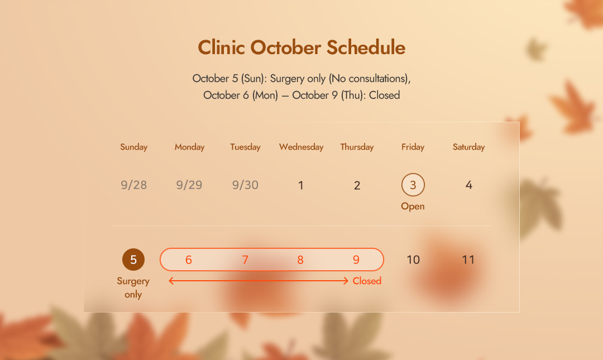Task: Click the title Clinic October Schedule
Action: coord(301,47)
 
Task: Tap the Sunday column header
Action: coord(134,147)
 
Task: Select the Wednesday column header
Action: coord(301,147)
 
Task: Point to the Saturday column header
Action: coord(468,147)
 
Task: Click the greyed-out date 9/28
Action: coord(134,185)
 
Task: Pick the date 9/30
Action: coord(245,185)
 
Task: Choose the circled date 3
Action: coord(413,185)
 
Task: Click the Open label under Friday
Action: coord(413,206)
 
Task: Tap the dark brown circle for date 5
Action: coord(133,260)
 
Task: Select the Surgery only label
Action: coord(133,287)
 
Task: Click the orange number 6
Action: coord(189,260)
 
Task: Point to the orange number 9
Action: coord(356,260)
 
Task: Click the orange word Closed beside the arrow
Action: coord(367,281)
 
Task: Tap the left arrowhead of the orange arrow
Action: coord(170,281)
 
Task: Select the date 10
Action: coord(413,260)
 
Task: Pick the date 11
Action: coord(468,260)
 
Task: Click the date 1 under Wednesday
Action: coord(301,185)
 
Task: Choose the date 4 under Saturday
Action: coord(469,185)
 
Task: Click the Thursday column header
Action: coord(357,147)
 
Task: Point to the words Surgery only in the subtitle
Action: coord(298,79)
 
